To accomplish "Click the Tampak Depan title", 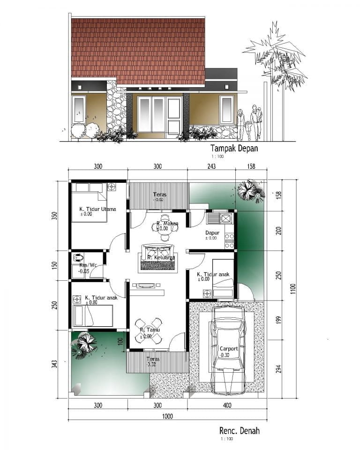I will click(234, 148).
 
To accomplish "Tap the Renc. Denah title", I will click(239, 430).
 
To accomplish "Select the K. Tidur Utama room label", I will click(97, 209).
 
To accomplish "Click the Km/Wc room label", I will click(88, 265).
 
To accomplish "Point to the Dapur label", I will click(213, 232).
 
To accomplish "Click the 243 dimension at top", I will click(211, 166).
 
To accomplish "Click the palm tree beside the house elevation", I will click(276, 61).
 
